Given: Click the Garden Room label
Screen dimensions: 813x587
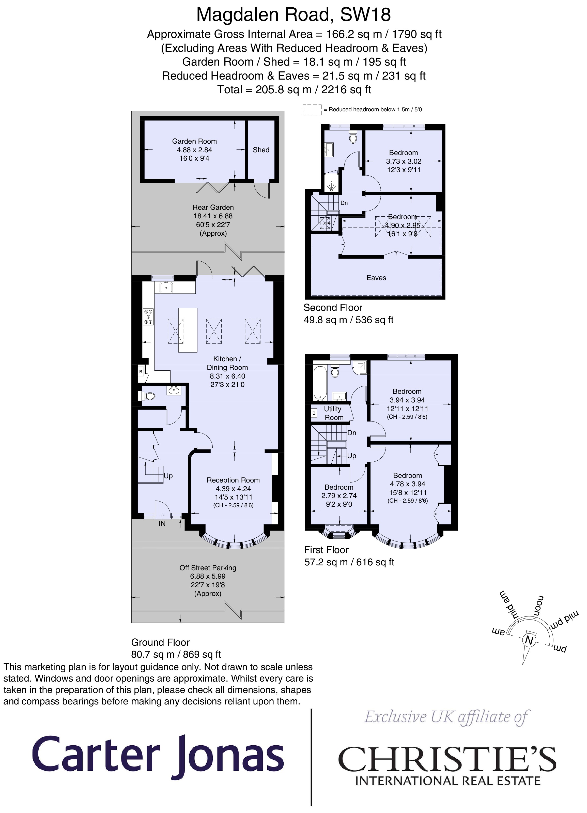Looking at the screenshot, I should [x=194, y=141].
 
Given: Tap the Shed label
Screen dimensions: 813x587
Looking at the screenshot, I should [x=261, y=150].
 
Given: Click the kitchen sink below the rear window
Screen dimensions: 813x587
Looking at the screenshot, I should [x=166, y=287].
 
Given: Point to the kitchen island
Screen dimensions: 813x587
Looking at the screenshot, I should [x=188, y=330].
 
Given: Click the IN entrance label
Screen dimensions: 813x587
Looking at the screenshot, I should [x=162, y=524].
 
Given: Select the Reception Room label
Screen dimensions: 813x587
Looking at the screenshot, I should [x=233, y=480].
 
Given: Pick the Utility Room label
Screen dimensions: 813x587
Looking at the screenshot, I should [x=333, y=413].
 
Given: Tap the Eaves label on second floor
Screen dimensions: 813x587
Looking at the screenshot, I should [x=376, y=278].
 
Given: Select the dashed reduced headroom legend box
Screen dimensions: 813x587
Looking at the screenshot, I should [x=312, y=110].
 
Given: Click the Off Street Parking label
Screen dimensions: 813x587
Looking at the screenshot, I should [x=208, y=568].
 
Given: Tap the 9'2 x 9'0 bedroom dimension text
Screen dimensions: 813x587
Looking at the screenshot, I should [x=339, y=504].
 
